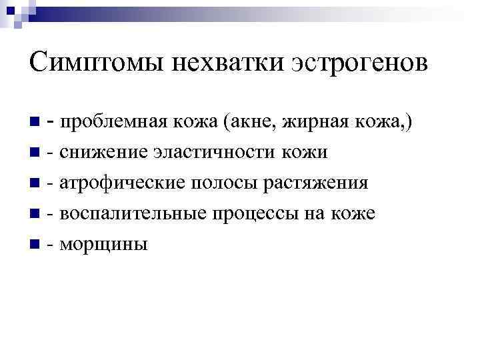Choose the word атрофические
point(111,183)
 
